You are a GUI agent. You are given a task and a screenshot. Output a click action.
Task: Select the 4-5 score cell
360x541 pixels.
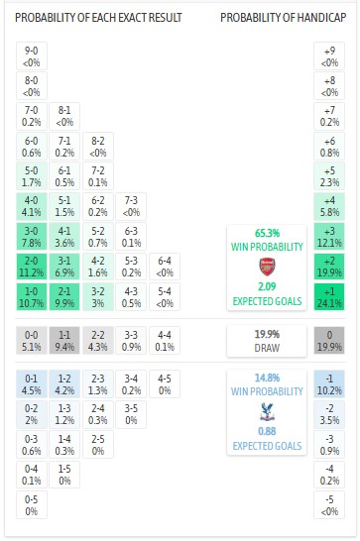(166, 382)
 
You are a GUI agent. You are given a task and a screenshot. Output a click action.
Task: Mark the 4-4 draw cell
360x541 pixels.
(166, 340)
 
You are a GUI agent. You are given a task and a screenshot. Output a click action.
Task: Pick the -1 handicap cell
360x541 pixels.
(329, 382)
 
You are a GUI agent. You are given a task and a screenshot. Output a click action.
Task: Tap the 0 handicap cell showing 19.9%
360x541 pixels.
(329, 340)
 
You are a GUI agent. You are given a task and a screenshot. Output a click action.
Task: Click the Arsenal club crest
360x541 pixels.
(265, 266)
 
